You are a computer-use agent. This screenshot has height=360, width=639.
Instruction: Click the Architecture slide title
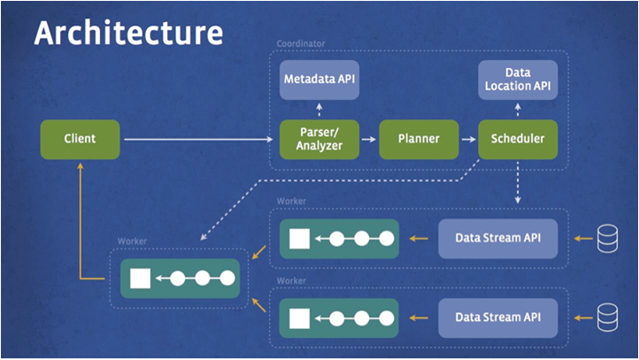point(127,34)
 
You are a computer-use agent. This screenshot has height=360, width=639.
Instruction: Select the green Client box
point(80,139)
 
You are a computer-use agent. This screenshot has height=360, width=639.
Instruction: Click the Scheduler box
point(517,139)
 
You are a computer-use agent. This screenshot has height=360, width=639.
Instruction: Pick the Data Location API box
point(517,78)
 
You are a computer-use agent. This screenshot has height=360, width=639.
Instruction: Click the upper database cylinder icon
point(606,237)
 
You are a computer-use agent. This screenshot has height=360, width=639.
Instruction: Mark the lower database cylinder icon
point(606,316)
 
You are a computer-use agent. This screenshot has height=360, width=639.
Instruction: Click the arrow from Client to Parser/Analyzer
point(199,139)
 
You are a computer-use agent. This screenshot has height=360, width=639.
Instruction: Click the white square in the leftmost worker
point(140,279)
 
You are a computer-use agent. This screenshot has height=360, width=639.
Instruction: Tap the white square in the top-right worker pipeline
point(298,237)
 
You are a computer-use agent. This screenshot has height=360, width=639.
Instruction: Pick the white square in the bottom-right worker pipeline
point(298,316)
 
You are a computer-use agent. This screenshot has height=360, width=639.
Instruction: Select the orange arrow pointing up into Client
point(80,221)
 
